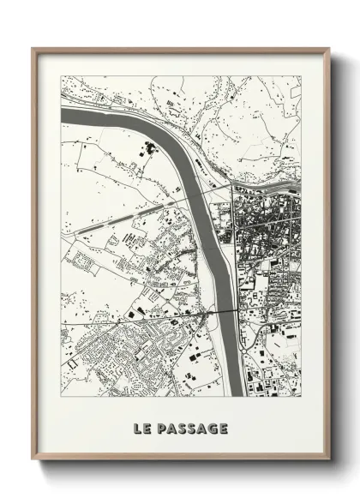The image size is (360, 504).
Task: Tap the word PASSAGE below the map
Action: (x=191, y=426)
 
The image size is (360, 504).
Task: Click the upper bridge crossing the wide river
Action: (x=210, y=187)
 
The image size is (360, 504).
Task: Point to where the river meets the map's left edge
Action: (x=63, y=115)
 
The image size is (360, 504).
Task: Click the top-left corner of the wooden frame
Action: (x=33, y=49)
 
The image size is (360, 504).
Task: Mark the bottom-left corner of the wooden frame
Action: (x=33, y=459)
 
